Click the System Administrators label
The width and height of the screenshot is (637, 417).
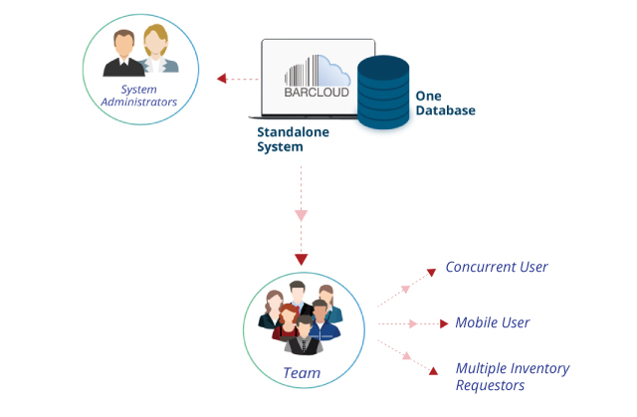[x=139, y=96]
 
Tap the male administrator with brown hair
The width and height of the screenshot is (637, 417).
[x=123, y=53]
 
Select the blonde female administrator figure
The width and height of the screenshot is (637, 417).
[x=157, y=49]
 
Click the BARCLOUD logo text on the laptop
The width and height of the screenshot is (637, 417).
[x=317, y=93]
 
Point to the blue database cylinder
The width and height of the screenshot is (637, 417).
[x=383, y=93]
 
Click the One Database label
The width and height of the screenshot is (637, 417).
[x=445, y=104]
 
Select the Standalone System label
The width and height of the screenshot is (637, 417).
[x=293, y=139]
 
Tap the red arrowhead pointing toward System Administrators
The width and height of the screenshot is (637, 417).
[x=221, y=79]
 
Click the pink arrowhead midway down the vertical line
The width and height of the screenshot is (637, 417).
[x=301, y=215]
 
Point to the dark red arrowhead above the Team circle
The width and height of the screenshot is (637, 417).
[x=301, y=260]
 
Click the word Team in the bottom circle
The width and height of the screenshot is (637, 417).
[x=302, y=373]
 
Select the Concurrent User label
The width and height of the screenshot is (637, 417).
[x=497, y=267]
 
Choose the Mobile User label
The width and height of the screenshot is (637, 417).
[x=493, y=322]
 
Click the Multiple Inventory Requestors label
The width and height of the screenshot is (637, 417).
[x=513, y=376]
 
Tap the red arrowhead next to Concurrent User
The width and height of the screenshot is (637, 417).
[x=431, y=272]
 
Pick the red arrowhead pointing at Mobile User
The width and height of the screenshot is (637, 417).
[x=444, y=323]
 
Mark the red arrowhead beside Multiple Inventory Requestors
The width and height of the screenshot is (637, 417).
[x=434, y=370]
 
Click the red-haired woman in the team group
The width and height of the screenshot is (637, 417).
[x=287, y=322]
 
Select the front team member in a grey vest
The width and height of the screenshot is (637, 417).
[x=304, y=335]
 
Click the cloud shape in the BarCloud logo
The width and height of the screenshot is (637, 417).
[x=331, y=72]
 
